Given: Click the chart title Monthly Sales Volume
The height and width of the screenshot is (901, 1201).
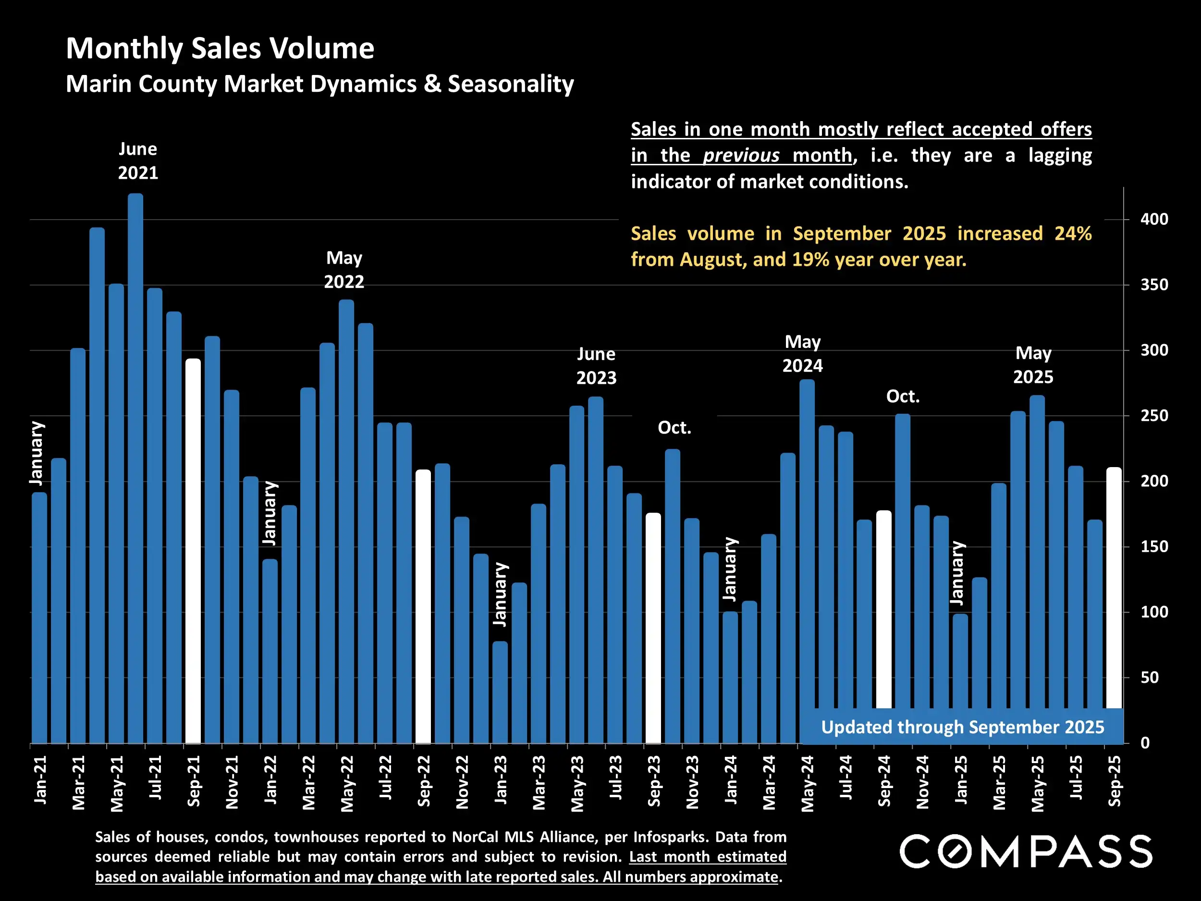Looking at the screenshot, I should pyautogui.click(x=220, y=49).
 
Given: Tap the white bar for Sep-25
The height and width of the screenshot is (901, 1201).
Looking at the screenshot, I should pyautogui.click(x=1114, y=587).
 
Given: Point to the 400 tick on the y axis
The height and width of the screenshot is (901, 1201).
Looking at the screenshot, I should pyautogui.click(x=1154, y=220).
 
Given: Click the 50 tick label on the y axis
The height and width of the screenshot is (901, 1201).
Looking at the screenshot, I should pyautogui.click(x=1150, y=678).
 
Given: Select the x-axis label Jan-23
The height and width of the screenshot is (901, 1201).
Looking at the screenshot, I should pyautogui.click(x=501, y=780).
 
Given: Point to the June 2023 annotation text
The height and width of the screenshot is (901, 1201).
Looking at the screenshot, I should pyautogui.click(x=596, y=366).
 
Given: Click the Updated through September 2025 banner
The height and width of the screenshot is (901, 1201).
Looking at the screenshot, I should pyautogui.click(x=962, y=727).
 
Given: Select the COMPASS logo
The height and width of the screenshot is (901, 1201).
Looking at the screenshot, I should pyautogui.click(x=1026, y=852).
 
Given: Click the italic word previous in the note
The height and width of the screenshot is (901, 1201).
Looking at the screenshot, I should pyautogui.click(x=741, y=156).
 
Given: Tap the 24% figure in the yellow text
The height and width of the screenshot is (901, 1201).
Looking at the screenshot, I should pyautogui.click(x=1072, y=234).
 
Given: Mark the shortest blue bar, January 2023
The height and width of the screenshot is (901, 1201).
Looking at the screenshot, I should pyautogui.click(x=500, y=692).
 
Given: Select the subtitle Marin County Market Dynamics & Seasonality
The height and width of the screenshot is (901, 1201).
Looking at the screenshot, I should pyautogui.click(x=320, y=84).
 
